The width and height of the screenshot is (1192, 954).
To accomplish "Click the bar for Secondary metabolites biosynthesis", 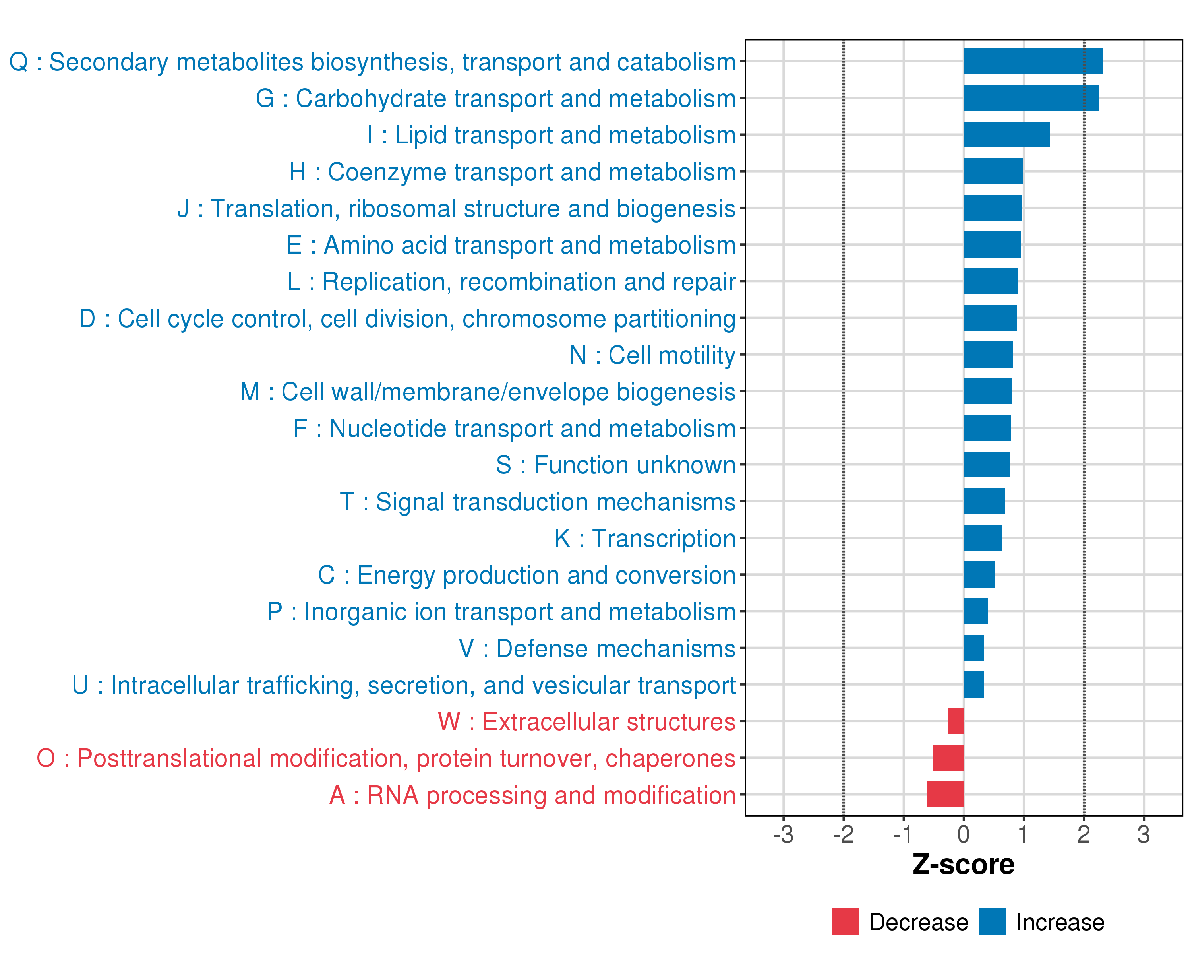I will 1033,61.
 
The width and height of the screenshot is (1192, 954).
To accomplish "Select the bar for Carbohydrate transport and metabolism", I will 1031,98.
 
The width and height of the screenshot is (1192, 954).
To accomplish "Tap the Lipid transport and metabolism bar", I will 1006,135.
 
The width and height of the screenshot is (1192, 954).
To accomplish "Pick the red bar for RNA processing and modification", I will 945,795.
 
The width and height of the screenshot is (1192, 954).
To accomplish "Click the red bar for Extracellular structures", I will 956,721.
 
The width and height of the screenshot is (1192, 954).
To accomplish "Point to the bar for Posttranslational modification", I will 948,758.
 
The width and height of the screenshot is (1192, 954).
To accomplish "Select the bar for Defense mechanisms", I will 973,648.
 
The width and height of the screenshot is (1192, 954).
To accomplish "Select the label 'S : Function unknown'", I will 615,465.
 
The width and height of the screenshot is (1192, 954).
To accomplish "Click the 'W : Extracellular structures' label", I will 586,722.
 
